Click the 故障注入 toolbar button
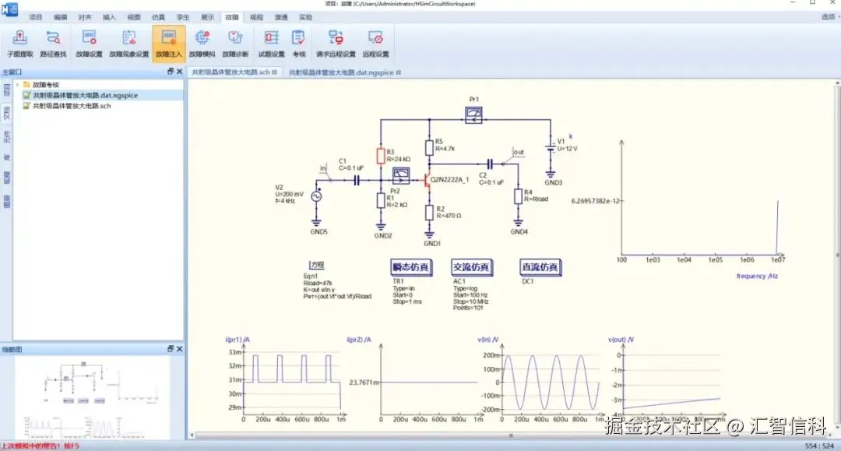[x=169, y=43]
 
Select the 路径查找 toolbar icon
[x=53, y=43]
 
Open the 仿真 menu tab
[x=158, y=16]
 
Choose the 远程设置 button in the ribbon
[x=376, y=43]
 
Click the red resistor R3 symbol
[x=380, y=156]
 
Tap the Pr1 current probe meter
[x=473, y=115]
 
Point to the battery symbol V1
[x=550, y=146]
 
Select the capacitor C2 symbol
[x=490, y=164]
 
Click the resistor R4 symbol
[x=518, y=196]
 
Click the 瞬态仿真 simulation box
[x=411, y=267]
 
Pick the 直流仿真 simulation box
[x=540, y=267]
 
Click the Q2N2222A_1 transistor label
[x=449, y=181]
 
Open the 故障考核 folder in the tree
[x=46, y=84]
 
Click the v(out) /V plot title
[x=621, y=340]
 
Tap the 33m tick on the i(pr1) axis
[x=234, y=353]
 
